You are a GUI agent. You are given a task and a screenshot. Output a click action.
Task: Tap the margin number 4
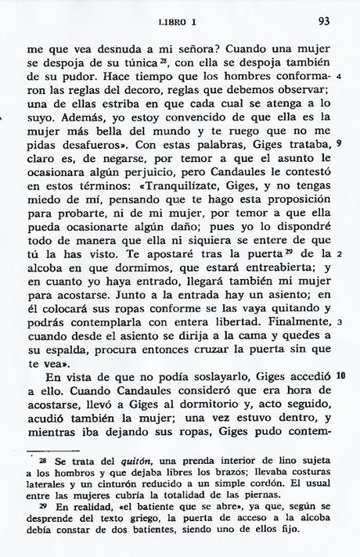pos(340,78)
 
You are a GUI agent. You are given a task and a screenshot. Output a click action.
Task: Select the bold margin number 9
pos(339,144)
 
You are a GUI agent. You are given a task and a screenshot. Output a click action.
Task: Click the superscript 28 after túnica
pos(139,59)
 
